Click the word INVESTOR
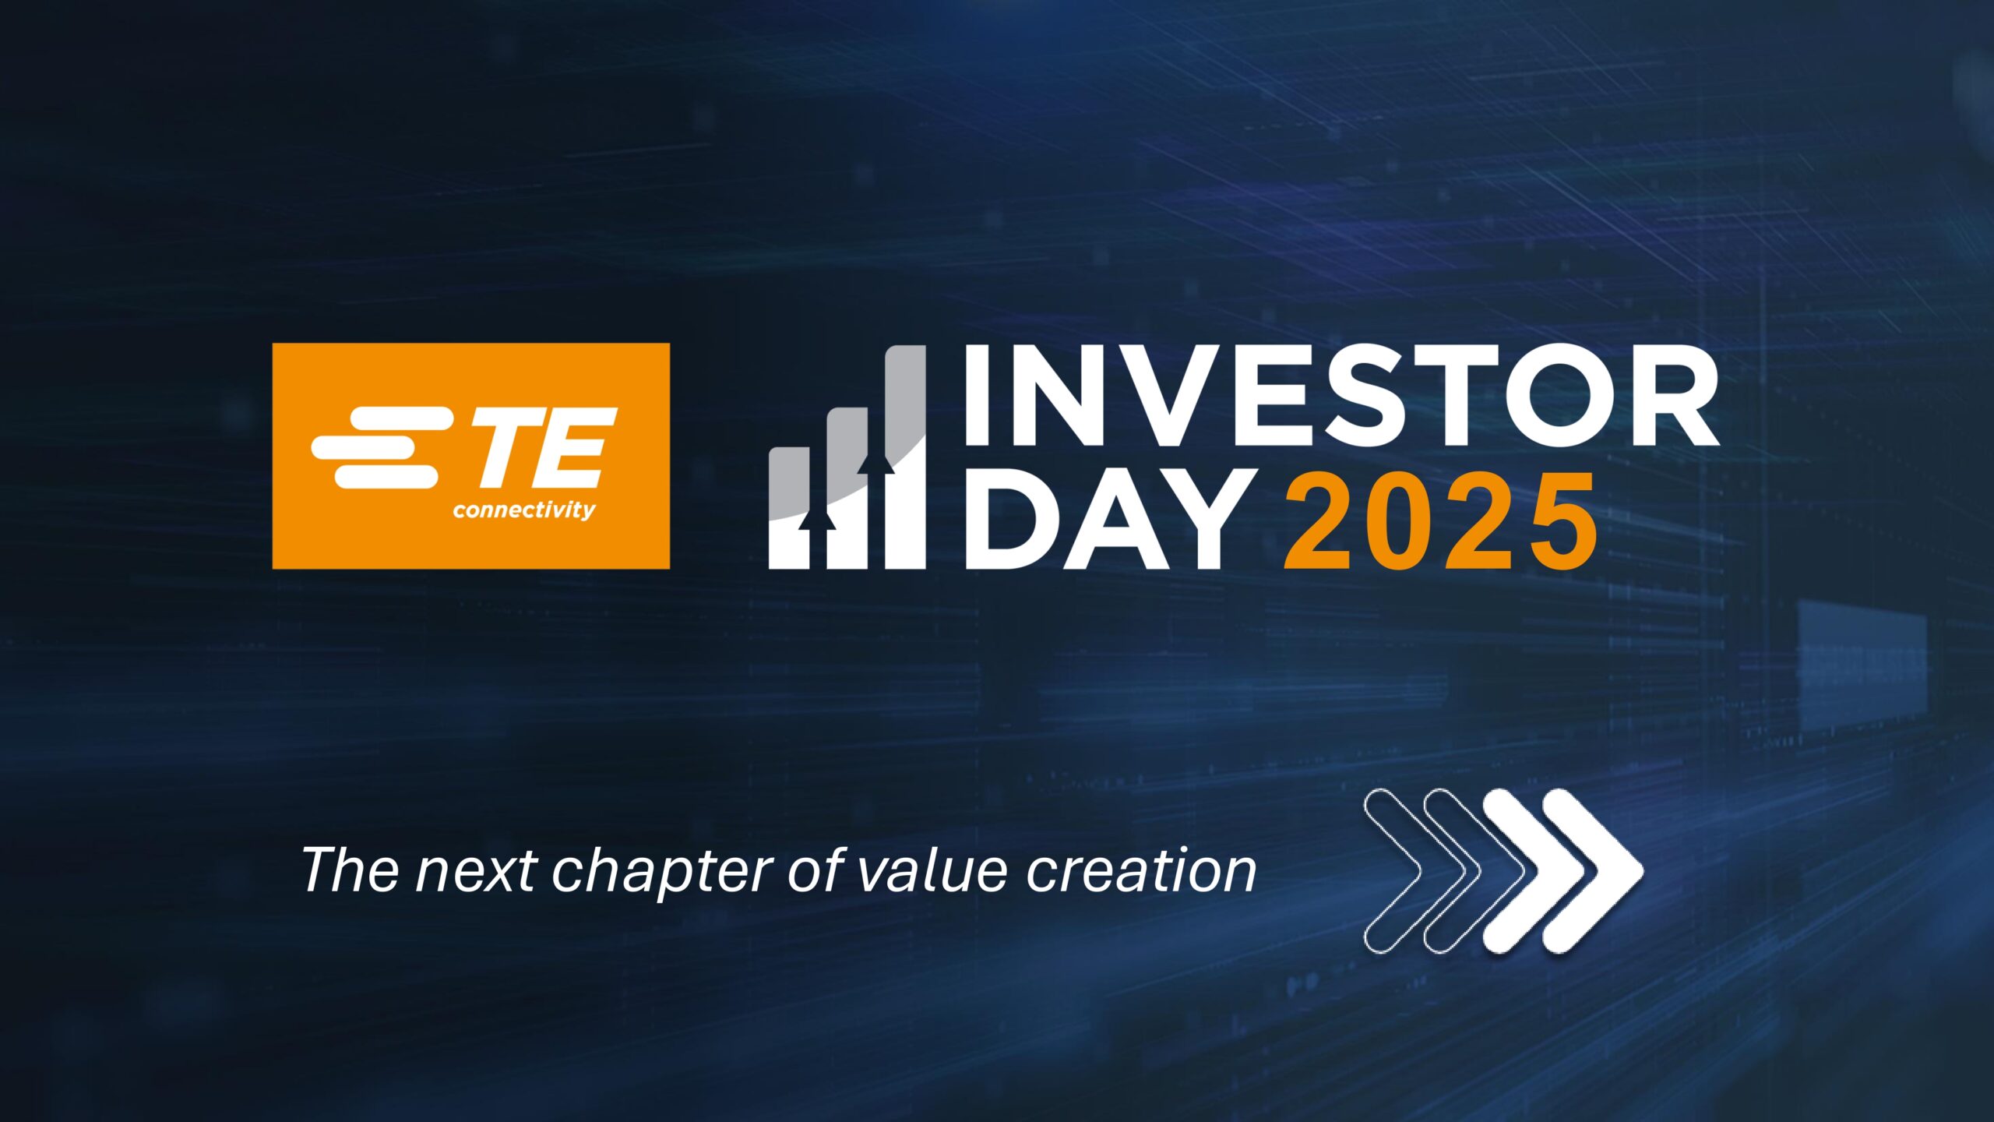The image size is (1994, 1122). point(1341,395)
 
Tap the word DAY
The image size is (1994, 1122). point(1103,519)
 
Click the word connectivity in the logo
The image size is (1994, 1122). point(524,511)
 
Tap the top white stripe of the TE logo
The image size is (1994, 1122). point(401,418)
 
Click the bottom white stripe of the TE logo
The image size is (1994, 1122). point(386,477)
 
